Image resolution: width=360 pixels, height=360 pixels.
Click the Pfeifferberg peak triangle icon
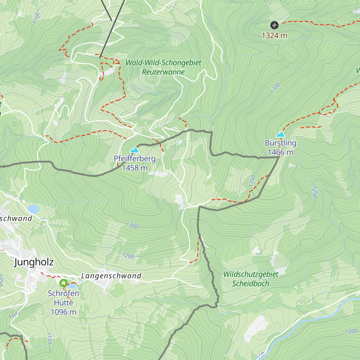click(134, 150)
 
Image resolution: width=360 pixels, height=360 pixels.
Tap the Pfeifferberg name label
click(135, 158)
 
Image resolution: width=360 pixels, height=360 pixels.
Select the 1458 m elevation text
click(135, 168)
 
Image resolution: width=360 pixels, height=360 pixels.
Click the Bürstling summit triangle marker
click(280, 134)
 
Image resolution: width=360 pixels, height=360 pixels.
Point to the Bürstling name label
click(280, 143)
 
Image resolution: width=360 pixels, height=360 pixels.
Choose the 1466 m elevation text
click(280, 152)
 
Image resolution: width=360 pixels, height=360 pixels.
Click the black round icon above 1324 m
click(274, 25)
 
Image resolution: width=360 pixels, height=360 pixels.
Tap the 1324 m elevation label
click(274, 36)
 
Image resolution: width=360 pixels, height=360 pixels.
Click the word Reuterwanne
click(163, 72)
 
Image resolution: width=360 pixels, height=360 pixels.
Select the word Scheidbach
click(250, 283)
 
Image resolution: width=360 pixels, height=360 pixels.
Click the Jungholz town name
click(34, 262)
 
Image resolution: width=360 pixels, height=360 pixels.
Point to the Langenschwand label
click(111, 276)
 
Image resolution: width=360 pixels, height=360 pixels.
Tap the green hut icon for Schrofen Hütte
click(63, 283)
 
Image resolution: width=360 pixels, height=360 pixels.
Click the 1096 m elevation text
click(64, 312)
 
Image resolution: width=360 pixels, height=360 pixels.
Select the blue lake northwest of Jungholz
click(34, 209)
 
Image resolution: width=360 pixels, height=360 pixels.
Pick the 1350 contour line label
click(252, 181)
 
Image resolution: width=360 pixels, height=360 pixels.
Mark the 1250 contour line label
click(315, 192)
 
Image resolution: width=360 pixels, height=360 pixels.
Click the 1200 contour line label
click(128, 256)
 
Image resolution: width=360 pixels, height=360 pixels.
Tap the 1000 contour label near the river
click(351, 331)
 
